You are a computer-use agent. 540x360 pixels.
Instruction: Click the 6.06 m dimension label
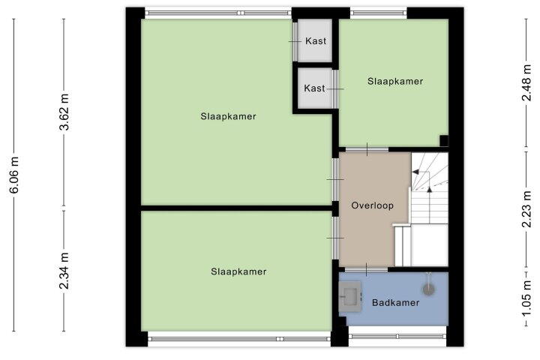click(x=14, y=174)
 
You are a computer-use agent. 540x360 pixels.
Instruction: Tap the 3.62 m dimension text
click(x=64, y=112)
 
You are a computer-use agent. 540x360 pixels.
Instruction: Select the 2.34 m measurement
click(x=64, y=271)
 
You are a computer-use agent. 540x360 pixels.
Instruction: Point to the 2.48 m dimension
click(x=526, y=82)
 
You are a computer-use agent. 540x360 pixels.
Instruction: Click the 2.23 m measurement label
click(x=526, y=209)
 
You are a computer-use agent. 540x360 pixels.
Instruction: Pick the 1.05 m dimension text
click(x=526, y=299)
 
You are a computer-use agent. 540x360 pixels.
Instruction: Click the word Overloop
click(x=372, y=205)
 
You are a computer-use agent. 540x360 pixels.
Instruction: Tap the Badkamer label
click(x=396, y=303)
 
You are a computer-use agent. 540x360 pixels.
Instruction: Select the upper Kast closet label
click(x=316, y=41)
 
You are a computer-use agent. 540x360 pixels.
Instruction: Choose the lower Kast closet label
click(x=314, y=88)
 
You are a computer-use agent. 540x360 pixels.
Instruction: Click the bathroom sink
click(x=350, y=296)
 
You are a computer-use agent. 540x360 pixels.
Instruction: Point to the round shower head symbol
click(x=428, y=289)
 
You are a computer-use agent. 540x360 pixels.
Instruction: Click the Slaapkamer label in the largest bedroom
click(x=228, y=116)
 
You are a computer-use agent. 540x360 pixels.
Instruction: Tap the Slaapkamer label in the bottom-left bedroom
click(x=238, y=271)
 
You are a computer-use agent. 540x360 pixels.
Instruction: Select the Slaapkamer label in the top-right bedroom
click(x=395, y=81)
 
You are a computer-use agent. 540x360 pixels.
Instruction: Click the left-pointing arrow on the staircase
click(x=416, y=172)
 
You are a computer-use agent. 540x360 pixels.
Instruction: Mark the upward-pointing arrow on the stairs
click(x=429, y=189)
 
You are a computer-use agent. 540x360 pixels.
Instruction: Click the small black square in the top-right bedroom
click(x=444, y=140)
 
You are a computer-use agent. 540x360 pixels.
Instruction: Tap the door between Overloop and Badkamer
click(x=366, y=269)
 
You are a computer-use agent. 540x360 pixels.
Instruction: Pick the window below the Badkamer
click(x=397, y=336)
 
